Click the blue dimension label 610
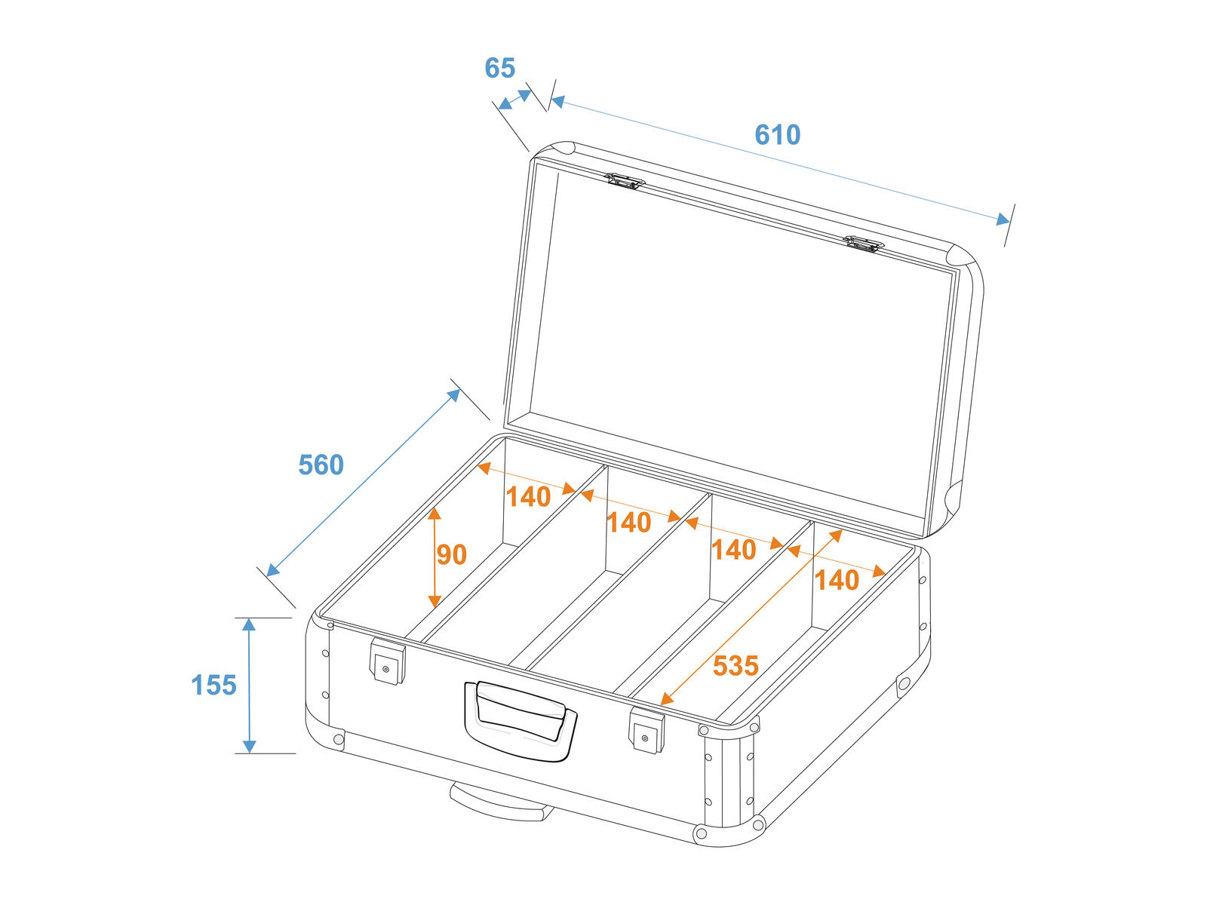pyautogui.click(x=777, y=135)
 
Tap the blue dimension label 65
pyautogui.click(x=499, y=68)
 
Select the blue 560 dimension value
pyautogui.click(x=321, y=465)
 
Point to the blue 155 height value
pyautogui.click(x=213, y=686)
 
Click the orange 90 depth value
pyautogui.click(x=451, y=554)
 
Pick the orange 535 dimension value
pyautogui.click(x=736, y=666)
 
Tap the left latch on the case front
pyautogui.click(x=387, y=661)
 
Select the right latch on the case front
pyautogui.click(x=646, y=730)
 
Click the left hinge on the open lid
pyautogui.click(x=625, y=181)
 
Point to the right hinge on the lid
pyautogui.click(x=864, y=244)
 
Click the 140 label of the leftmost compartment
pyautogui.click(x=528, y=497)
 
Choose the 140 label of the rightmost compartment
pyautogui.click(x=837, y=580)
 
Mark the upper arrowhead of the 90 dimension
pyautogui.click(x=435, y=514)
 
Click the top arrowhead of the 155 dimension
pyautogui.click(x=249, y=624)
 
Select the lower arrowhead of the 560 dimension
pyautogui.click(x=273, y=570)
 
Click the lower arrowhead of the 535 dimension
pyautogui.click(x=666, y=699)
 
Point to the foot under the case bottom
pyautogui.click(x=498, y=802)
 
